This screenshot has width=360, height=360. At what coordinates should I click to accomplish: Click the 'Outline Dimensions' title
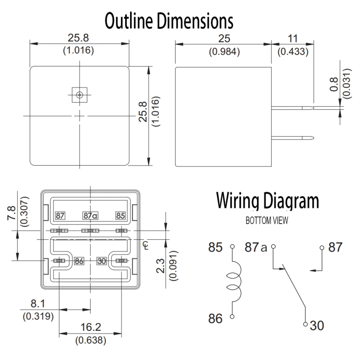coord(169,21)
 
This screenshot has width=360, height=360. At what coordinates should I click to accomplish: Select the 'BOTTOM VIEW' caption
coord(267,221)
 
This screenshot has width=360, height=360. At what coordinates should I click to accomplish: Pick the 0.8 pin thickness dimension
coord(334,85)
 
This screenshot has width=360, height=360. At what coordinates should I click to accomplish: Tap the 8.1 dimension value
coord(38,306)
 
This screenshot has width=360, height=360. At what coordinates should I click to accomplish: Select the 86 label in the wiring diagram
coord(216,319)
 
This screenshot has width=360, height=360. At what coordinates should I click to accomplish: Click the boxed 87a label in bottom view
coord(90,216)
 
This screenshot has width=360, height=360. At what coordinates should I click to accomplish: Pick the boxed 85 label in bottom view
coord(120,216)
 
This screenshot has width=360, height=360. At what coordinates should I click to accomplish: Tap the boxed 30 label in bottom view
coord(102,261)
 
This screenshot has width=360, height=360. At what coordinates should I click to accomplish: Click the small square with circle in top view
coord(79,94)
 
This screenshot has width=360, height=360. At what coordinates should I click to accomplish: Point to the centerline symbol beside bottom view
coord(144,244)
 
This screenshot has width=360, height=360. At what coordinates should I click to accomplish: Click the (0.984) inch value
coord(224,52)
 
